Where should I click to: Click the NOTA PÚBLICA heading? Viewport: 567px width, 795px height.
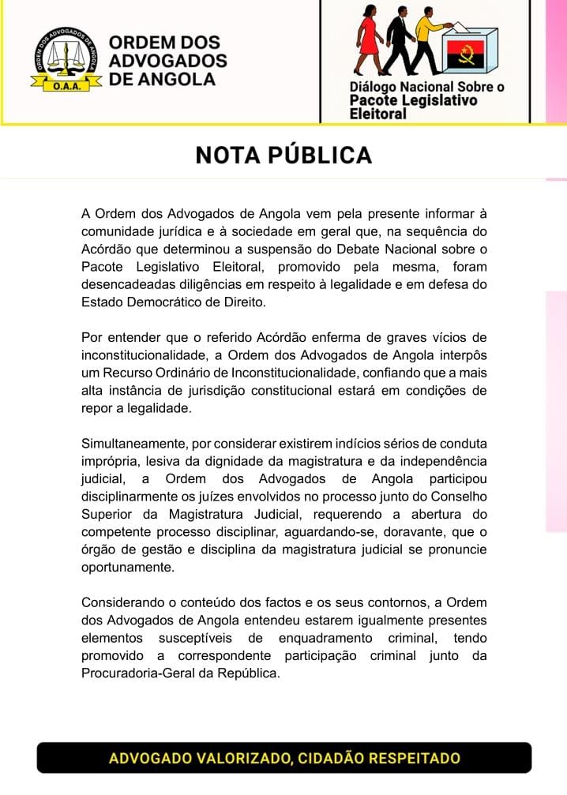283,155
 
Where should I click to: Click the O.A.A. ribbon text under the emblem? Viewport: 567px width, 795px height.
67,85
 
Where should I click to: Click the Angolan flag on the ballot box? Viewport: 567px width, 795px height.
464,56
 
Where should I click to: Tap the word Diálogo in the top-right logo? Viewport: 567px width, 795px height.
377,87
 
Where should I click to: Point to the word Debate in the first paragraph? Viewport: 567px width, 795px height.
362,249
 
